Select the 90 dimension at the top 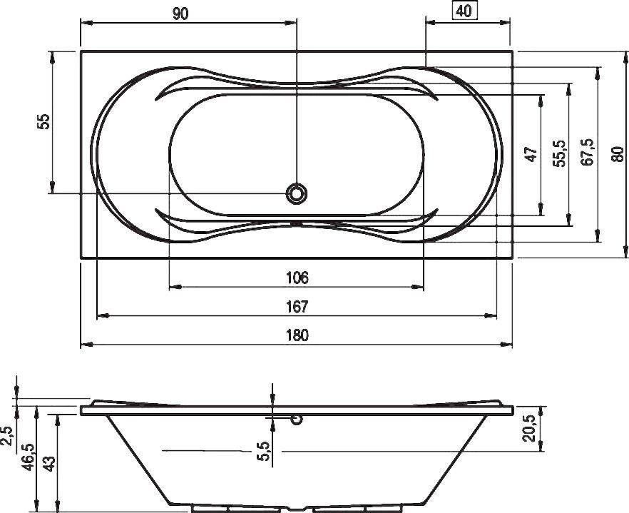click(x=180, y=14)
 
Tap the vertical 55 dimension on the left click(x=44, y=121)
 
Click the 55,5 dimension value click(x=559, y=154)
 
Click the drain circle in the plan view click(x=297, y=193)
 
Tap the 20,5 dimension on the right click(x=528, y=427)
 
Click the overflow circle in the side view click(x=297, y=420)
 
